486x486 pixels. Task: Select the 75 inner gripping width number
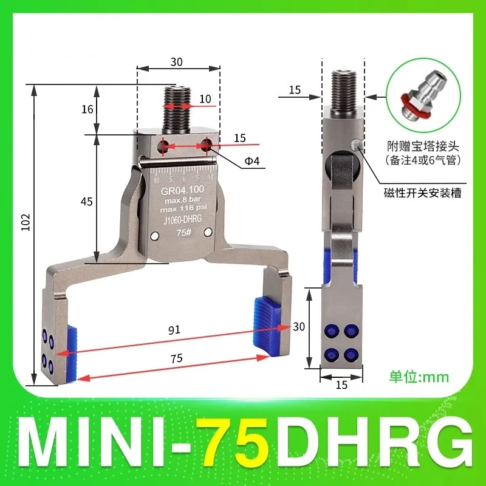click(176, 359)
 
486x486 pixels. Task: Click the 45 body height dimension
click(87, 201)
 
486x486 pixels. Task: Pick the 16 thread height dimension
click(87, 109)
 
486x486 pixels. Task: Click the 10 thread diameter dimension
click(205, 98)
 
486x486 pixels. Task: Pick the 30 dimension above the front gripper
click(177, 61)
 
